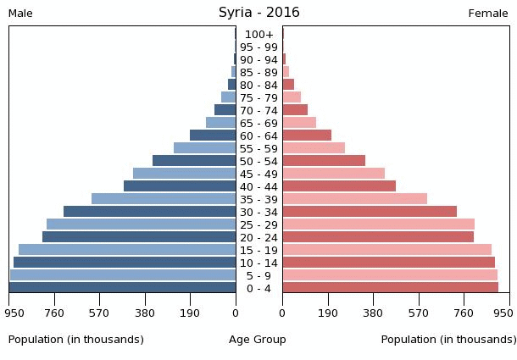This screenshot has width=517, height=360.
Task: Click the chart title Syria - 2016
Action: pos(258,13)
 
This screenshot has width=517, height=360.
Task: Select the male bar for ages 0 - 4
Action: pos(123,288)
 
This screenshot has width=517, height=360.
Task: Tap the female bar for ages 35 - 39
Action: pos(354,199)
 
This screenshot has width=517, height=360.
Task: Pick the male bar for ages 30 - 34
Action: pos(149,212)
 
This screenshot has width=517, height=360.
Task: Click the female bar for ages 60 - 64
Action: pos(307,136)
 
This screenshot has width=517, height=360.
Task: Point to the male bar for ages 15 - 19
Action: pos(127,250)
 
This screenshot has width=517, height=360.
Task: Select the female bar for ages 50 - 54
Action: pos(324,161)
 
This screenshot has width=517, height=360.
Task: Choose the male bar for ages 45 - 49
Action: pos(184,174)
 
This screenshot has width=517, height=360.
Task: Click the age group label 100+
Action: pos(258,35)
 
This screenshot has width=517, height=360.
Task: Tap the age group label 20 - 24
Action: pos(258,237)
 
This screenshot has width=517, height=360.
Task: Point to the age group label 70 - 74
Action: pos(258,110)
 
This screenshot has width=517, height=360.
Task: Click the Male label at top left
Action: pos(20,14)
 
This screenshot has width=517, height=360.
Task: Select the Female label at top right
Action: pos(488,14)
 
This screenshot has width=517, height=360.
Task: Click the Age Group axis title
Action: pos(258,340)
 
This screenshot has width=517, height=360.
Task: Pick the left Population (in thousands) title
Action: pos(76,340)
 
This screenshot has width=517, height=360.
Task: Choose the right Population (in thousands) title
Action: pos(448,340)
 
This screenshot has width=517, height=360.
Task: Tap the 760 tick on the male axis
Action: pos(54,313)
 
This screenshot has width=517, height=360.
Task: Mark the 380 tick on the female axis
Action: pos(373,313)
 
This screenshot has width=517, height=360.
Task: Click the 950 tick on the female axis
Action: pos(503,313)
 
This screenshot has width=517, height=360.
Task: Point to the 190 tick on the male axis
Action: pos(190,313)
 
